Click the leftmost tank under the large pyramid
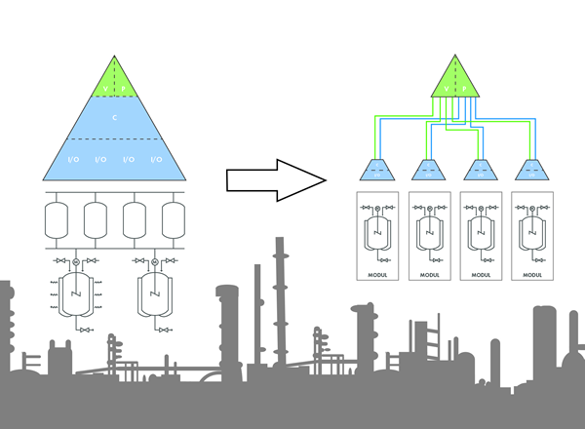(x=58, y=219)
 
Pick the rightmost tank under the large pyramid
(x=173, y=219)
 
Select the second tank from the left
(x=96, y=219)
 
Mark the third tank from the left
(x=135, y=219)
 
